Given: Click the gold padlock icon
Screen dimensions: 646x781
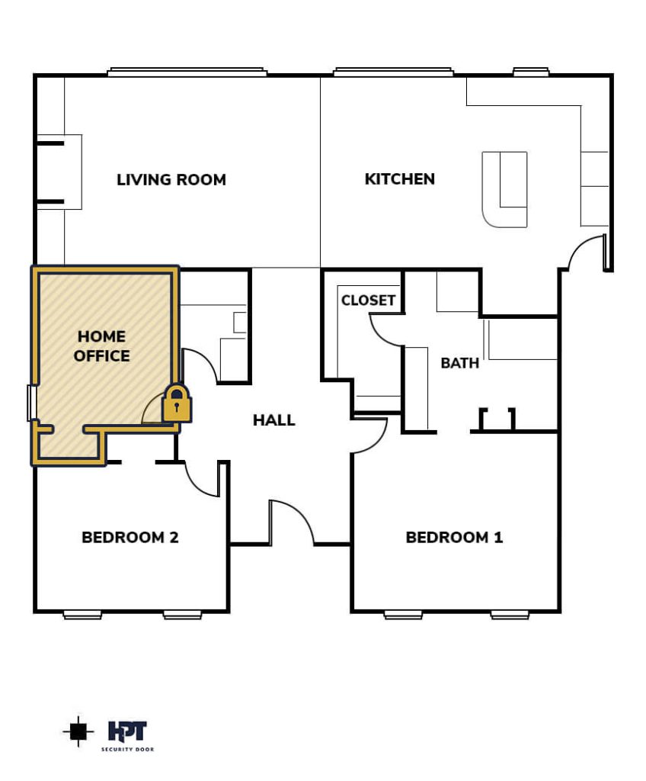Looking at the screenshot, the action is click(177, 403).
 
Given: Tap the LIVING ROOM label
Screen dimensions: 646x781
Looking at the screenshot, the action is click(171, 179).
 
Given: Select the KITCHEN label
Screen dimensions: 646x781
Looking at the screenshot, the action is click(400, 178).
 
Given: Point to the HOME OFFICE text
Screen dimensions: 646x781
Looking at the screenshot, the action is click(101, 346).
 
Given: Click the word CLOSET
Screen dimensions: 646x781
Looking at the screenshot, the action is click(368, 300).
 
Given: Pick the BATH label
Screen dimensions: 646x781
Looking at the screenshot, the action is click(460, 362).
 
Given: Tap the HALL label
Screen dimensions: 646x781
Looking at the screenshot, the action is click(273, 420).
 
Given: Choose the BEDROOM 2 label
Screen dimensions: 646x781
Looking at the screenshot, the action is click(130, 538).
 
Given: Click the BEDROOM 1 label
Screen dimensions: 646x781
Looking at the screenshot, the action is click(454, 538).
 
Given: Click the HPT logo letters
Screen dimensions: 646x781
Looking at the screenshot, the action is click(127, 731).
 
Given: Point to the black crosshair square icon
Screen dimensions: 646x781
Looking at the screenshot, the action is click(78, 731).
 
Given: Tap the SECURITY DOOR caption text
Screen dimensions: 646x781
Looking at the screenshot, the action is click(127, 749).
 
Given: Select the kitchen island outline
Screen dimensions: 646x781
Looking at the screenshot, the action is click(504, 189).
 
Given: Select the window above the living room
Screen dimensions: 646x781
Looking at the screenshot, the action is click(187, 72).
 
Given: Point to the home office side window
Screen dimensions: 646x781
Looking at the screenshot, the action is click(31, 403).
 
